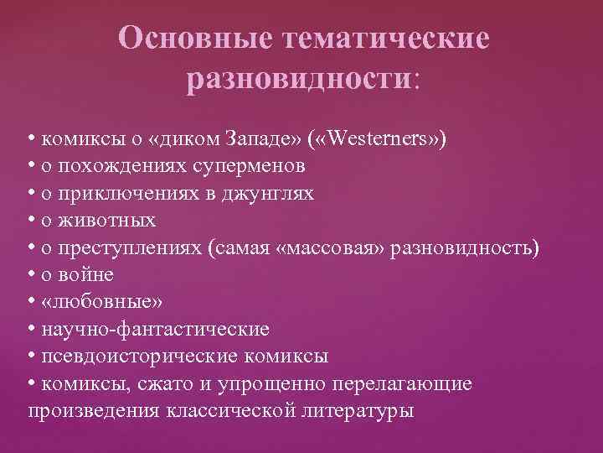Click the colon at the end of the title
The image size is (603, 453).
418,81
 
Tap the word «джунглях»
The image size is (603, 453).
267,193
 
